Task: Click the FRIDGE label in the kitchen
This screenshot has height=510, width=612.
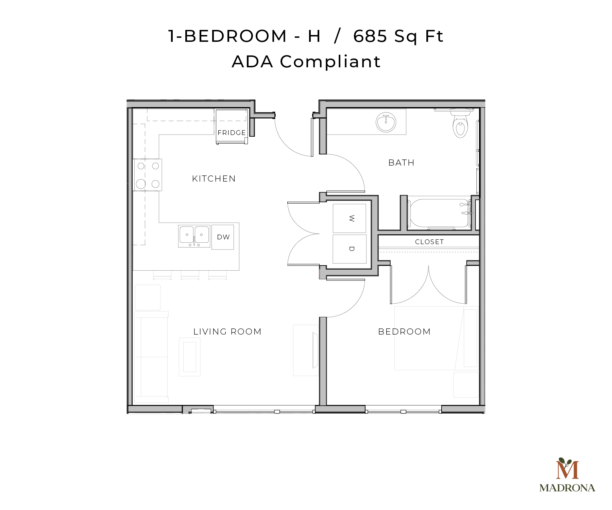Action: tap(232, 133)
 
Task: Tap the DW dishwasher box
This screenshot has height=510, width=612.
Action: tap(223, 237)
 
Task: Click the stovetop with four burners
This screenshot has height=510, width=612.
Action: tap(148, 175)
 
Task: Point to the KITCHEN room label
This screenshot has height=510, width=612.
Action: tap(214, 178)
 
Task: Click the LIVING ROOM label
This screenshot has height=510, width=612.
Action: tap(227, 331)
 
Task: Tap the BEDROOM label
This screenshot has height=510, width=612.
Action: tap(404, 331)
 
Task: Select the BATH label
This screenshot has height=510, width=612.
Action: tap(401, 163)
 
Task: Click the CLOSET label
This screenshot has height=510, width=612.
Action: tap(429, 242)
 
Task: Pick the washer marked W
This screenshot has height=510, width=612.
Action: tap(350, 218)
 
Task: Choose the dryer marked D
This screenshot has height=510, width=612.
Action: tap(350, 249)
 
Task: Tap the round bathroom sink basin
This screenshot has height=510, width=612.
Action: tap(386, 122)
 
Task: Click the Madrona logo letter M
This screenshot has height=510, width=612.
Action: tap(567, 469)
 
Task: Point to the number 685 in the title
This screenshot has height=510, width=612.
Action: tap(370, 36)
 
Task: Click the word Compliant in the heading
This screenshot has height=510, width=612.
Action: tap(330, 62)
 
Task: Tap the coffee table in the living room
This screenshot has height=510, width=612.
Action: tap(190, 357)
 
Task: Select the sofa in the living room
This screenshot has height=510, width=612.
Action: tap(151, 357)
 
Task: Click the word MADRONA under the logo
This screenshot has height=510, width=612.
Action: tap(567, 488)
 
